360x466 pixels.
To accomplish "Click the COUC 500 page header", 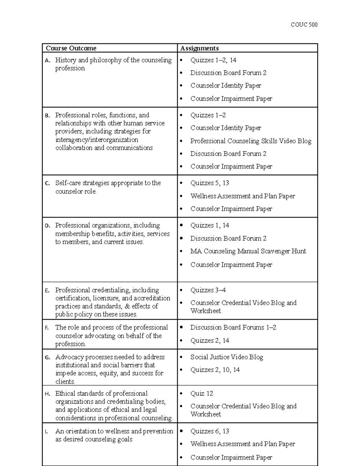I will tap(304, 25).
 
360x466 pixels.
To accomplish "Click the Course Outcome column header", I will tap(71, 48).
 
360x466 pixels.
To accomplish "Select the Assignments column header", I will tap(199, 48).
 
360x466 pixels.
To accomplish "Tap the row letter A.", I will tap(47, 61).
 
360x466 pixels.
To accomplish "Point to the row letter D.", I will tap(47, 226).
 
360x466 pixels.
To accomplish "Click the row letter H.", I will tap(47, 394).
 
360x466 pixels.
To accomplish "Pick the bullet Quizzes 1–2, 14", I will tap(213, 60).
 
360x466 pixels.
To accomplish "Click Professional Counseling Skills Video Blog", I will tap(251, 141).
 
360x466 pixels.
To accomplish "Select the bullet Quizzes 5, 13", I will tap(209, 183).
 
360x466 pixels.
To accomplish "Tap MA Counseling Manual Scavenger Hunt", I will tap(248, 251).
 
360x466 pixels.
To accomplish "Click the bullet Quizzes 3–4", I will tap(208, 290).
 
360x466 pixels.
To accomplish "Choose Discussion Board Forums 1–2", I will tap(233, 327).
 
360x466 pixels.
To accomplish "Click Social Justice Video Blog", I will tap(226, 357).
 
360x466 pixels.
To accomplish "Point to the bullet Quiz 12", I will tap(202, 393).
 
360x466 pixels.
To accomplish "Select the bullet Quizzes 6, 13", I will tap(209, 431).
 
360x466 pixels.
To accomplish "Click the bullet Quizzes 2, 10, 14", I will tap(215, 370).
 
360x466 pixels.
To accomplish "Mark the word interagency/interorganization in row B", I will tap(97, 140).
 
